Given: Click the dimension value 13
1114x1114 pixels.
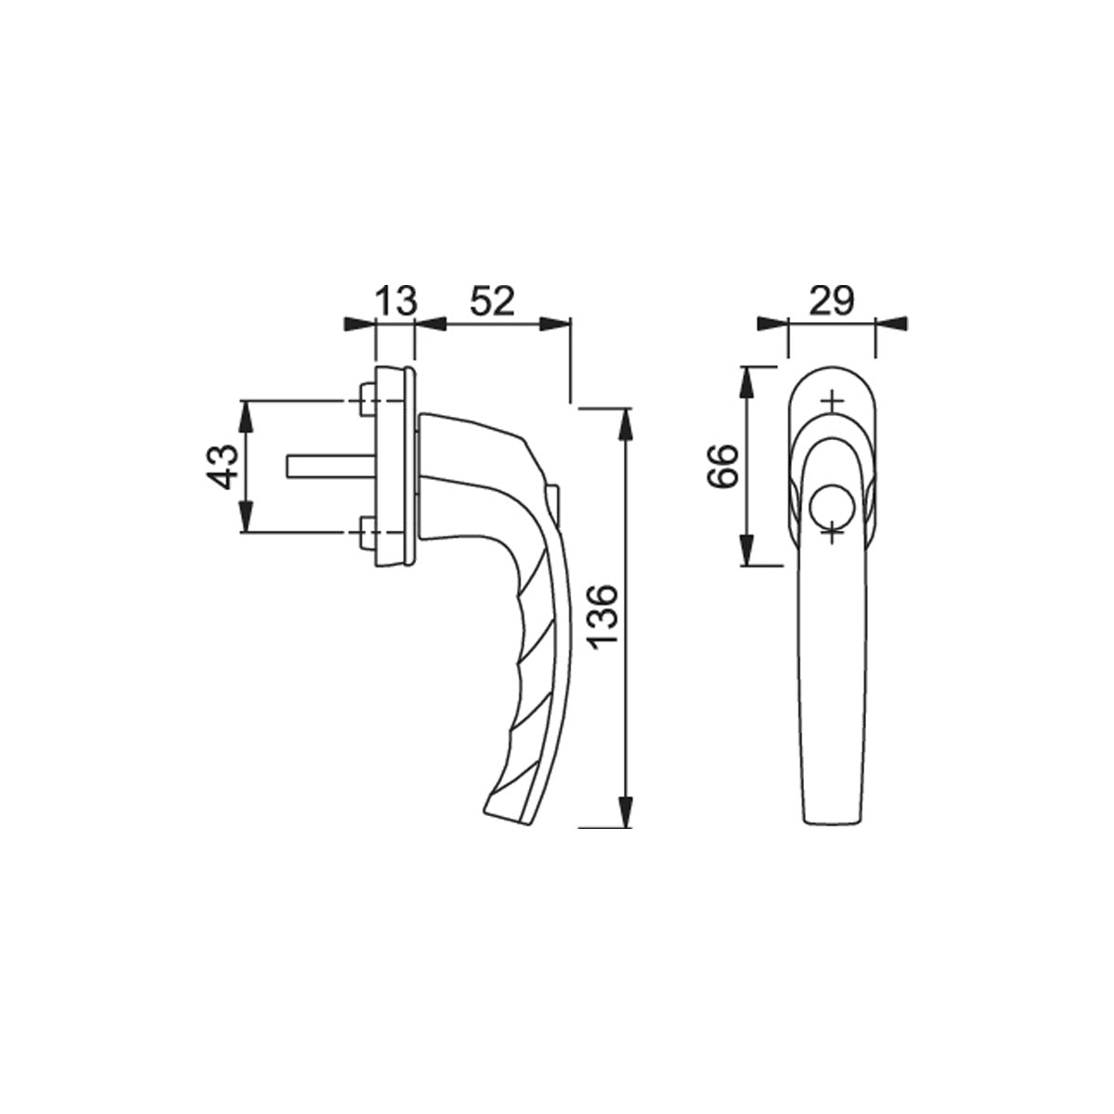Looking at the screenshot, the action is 396,301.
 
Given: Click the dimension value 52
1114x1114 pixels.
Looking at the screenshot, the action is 491,301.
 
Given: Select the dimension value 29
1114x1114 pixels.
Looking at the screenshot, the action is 831,301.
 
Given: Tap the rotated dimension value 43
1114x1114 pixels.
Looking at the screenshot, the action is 223,467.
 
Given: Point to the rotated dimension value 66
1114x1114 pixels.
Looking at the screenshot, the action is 723,466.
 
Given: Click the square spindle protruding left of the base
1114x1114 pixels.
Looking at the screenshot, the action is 330,467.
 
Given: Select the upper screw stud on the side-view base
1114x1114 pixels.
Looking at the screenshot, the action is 367,400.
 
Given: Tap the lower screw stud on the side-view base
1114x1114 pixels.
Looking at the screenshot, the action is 367,532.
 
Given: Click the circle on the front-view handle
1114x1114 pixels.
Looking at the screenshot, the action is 831,505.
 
